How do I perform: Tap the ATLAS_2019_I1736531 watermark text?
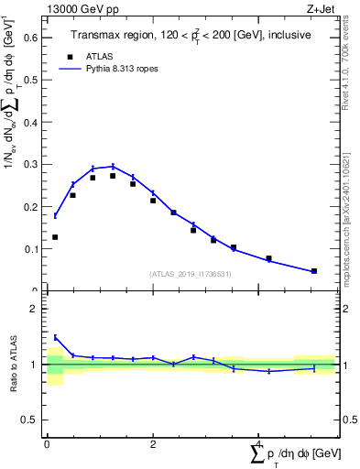[190, 274]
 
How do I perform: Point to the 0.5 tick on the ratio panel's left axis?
[35, 420]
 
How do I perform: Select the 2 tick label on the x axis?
[153, 443]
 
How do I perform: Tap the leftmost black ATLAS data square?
[55, 237]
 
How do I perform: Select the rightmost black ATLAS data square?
[313, 271]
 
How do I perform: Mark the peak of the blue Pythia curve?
[112, 167]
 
